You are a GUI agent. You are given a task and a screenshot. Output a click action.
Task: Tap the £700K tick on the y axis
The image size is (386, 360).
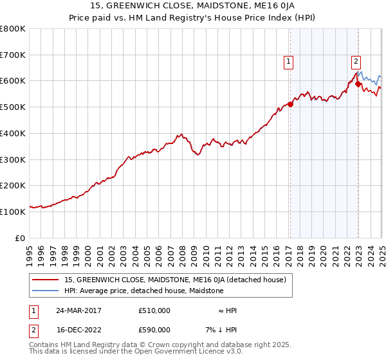click(13, 55)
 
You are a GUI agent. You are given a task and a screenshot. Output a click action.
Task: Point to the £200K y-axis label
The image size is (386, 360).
click(13, 186)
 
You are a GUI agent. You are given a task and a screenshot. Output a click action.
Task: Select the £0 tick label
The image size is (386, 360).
click(21, 238)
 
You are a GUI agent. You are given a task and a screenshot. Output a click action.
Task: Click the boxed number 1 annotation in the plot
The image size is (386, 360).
click(288, 62)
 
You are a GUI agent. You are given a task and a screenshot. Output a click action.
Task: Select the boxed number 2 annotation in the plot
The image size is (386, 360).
click(356, 62)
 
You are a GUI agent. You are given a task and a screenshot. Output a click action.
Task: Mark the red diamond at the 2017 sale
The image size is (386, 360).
click(290, 104)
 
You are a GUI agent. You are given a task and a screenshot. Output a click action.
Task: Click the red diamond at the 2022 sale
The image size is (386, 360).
click(358, 84)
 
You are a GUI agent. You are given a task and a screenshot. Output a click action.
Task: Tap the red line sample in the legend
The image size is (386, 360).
click(46, 280)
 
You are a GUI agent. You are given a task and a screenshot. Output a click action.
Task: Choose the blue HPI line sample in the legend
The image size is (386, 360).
click(46, 291)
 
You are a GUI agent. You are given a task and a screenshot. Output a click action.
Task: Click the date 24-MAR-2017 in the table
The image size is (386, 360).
click(79, 310)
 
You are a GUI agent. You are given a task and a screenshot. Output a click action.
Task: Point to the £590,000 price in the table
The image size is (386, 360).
click(154, 329)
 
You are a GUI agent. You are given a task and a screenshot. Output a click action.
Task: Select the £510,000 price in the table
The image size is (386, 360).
click(154, 310)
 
